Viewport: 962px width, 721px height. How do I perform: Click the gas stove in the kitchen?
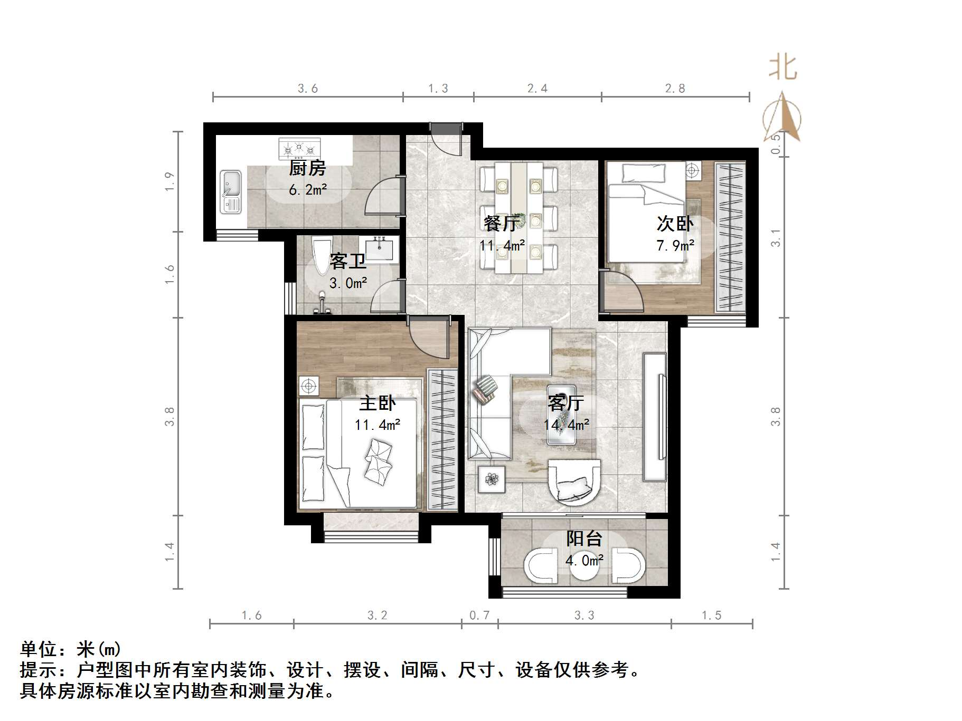[x=299, y=148]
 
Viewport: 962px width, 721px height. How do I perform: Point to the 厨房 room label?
[x=307, y=169]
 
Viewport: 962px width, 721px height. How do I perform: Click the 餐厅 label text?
[x=500, y=224]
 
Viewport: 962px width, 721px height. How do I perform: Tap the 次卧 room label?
[x=675, y=224]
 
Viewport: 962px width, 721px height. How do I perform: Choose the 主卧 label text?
[x=377, y=403]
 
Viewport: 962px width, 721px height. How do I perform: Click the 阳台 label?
[x=584, y=539]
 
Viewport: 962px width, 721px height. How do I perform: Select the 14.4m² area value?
[x=567, y=425]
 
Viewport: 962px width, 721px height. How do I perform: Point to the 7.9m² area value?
[x=675, y=245]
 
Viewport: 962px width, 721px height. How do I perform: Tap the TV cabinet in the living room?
[x=655, y=416]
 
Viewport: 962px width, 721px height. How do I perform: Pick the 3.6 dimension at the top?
[x=307, y=89]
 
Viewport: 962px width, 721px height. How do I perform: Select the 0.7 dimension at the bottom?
[x=479, y=616]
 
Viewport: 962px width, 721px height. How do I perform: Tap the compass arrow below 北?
[x=782, y=117]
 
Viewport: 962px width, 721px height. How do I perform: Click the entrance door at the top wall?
[x=446, y=138]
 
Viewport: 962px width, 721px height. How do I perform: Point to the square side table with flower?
[x=492, y=479]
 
